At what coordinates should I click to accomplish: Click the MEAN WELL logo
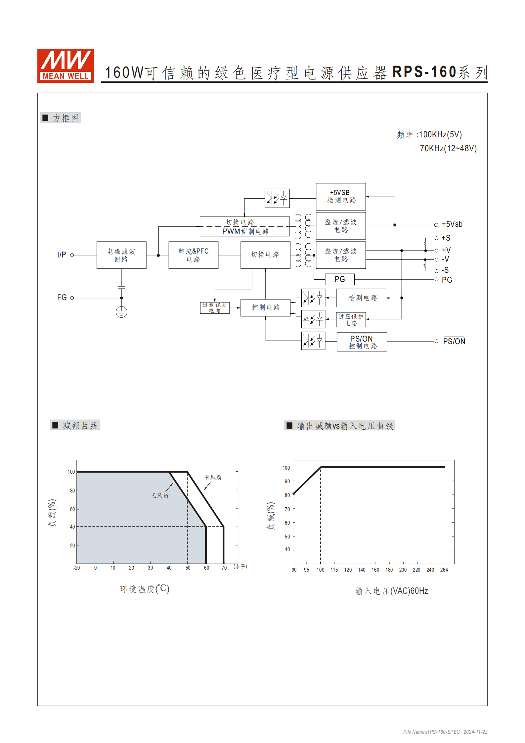point(66,66)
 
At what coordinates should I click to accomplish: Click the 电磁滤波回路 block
point(121,255)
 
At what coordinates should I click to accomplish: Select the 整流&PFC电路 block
point(193,255)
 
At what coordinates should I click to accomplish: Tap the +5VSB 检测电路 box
point(341,197)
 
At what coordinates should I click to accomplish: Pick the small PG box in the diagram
point(340,279)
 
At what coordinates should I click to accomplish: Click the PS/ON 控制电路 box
point(362,342)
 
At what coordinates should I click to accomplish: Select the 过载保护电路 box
point(215,308)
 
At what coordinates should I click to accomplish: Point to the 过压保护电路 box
point(351,320)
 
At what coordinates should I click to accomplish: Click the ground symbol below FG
point(121,312)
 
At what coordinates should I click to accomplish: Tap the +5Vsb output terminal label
point(452,224)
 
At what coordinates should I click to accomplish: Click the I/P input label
point(62,255)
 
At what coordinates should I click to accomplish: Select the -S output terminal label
point(445,270)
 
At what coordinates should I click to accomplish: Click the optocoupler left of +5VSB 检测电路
point(277,198)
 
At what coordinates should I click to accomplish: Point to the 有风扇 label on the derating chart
point(213,477)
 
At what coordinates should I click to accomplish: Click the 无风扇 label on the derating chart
point(160,496)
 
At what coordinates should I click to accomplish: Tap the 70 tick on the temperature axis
point(224,568)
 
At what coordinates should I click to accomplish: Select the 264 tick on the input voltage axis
point(444,570)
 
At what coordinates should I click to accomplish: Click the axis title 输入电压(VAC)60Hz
point(392,591)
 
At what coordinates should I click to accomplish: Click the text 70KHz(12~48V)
point(448,148)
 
